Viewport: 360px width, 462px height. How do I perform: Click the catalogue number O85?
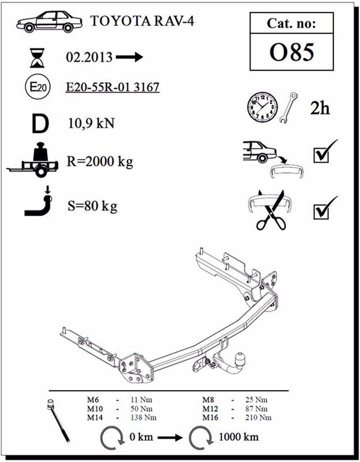pos(292,53)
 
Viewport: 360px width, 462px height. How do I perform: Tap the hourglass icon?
pos(37,58)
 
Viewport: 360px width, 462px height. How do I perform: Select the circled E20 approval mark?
pos(37,88)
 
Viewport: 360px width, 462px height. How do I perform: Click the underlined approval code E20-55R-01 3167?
pos(112,87)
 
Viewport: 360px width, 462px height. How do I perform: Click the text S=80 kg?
pos(92,206)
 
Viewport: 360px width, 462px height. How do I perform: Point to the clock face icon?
pos(262,107)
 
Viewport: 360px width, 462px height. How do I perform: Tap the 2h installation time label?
pos(320,108)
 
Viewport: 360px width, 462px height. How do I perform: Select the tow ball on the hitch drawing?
pos(240,359)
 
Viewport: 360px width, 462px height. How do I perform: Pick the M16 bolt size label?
pos(211,418)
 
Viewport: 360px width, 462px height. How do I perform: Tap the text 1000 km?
pos(238,437)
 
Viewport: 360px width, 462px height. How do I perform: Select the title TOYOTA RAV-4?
pos(142,21)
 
